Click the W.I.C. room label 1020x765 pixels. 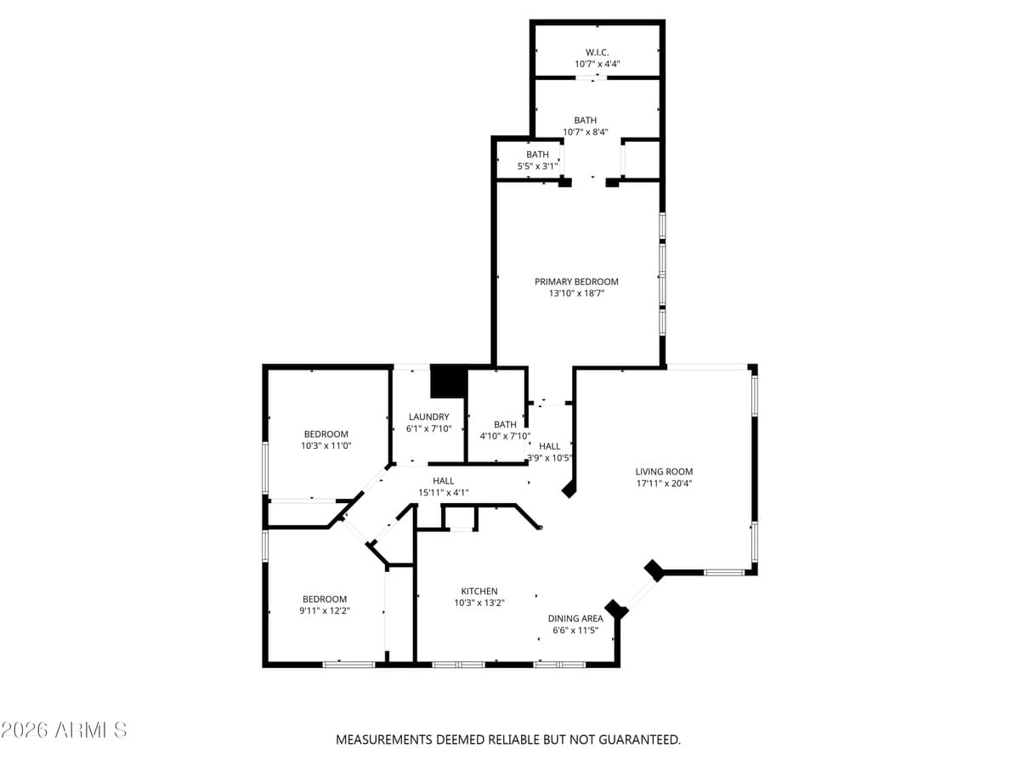pos(597,52)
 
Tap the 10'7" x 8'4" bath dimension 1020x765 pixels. pos(585,132)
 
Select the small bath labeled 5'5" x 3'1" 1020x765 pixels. pos(537,160)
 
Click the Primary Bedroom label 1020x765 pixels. pos(576,281)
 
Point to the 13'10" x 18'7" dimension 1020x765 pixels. pos(576,293)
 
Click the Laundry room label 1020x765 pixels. pos(428,416)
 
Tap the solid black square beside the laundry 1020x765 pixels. pos(449,382)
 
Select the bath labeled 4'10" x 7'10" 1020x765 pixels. pos(505,430)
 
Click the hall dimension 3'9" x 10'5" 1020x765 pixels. pos(550,458)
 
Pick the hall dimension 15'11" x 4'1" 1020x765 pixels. pos(443,492)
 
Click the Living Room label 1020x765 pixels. pos(664,472)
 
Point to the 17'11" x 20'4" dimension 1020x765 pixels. pos(664,484)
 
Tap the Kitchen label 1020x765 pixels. pos(479,592)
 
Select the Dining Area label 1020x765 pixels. pos(575,619)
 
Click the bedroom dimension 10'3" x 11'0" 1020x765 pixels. pos(326,445)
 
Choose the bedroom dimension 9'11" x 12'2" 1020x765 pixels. pos(325,610)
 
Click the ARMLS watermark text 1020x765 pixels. pos(65,730)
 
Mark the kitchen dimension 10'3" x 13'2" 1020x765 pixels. pos(479,603)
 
